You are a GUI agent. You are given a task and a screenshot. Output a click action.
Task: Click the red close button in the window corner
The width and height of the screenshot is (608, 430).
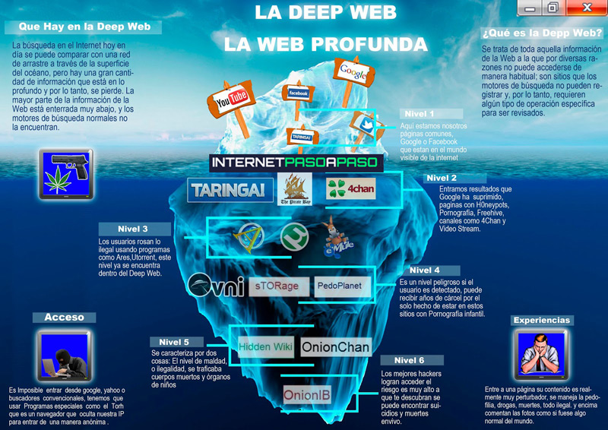(586, 8)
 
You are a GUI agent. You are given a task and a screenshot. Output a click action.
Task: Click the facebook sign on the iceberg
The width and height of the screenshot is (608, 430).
(298, 93)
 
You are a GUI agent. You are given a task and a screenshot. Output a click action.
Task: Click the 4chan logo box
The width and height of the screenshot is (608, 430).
(351, 188)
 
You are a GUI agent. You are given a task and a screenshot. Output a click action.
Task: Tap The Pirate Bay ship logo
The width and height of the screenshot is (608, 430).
(293, 190)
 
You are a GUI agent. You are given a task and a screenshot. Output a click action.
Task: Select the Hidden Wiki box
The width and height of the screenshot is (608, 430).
(265, 346)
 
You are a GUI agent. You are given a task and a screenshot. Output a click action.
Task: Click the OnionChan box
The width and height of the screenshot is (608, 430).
(335, 347)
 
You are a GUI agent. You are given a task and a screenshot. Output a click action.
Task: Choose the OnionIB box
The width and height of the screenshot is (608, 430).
(307, 395)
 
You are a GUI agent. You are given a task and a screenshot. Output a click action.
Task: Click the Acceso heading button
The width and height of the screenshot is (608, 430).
(64, 317)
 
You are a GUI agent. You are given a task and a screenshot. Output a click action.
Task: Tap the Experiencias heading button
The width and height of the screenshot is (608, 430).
(541, 320)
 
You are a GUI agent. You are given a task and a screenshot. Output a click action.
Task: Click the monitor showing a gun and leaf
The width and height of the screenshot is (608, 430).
(66, 172)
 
